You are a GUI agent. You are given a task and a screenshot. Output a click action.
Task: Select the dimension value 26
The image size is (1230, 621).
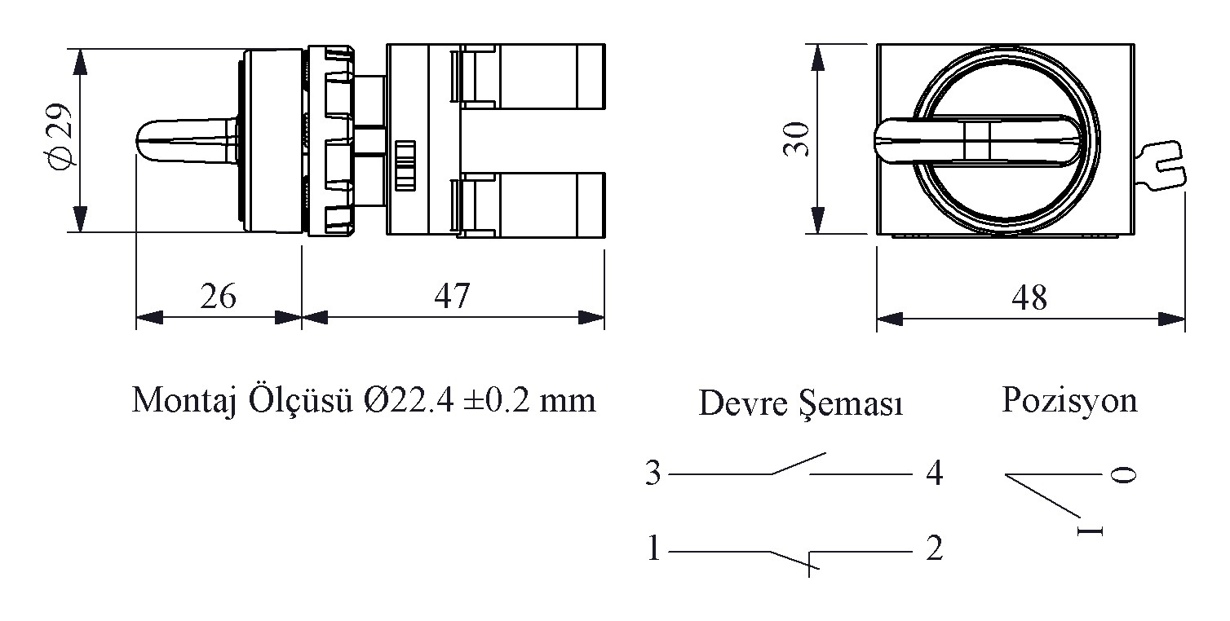pyautogui.click(x=218, y=296)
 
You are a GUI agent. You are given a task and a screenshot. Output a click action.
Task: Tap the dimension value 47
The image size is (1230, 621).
pyautogui.click(x=452, y=296)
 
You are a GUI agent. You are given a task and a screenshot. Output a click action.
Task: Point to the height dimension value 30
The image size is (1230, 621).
pyautogui.click(x=796, y=139)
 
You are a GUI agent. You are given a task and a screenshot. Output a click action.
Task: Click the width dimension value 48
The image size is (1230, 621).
pyautogui.click(x=1029, y=298)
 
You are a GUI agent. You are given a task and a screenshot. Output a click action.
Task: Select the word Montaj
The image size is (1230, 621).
pyautogui.click(x=184, y=401)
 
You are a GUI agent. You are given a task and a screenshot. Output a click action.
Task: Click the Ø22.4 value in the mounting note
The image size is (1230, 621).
pyautogui.click(x=409, y=400)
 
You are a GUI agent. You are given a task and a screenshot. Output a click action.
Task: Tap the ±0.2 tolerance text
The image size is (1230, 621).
pyautogui.click(x=497, y=400)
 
